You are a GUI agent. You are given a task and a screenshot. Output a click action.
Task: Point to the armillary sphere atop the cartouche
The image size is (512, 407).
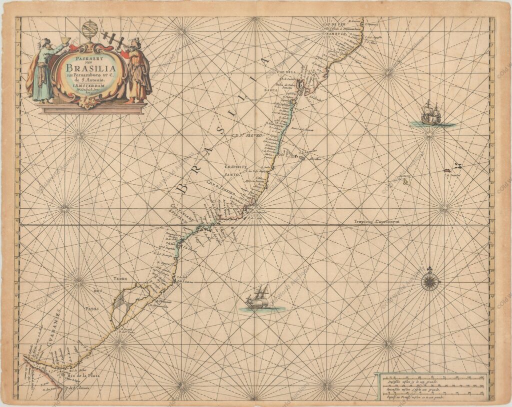pyautogui.click(x=90, y=30)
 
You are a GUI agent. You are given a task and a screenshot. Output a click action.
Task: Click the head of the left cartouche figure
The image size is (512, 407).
pyautogui.click(x=46, y=43)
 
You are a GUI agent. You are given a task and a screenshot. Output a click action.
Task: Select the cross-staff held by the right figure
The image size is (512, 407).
pyautogui.click(x=114, y=40)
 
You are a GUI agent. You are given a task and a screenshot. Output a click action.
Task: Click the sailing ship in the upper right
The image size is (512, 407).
pyautogui.click(x=430, y=114)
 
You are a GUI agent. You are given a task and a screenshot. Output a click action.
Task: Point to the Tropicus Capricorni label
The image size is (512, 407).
pyautogui.click(x=377, y=221)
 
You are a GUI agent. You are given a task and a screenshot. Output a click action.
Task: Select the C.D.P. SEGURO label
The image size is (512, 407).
pyautogui.click(x=246, y=135)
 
